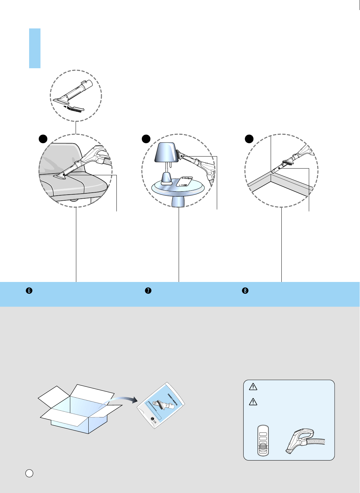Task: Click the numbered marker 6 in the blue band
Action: tap(29, 291)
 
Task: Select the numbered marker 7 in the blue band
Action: tap(148, 291)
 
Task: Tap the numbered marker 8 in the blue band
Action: tap(245, 291)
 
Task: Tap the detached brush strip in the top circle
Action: tap(76, 108)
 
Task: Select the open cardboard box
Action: tap(80, 410)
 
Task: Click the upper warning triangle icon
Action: tap(253, 387)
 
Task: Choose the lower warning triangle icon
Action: tap(253, 402)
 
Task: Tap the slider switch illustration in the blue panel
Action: tap(263, 440)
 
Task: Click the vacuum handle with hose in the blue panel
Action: tap(303, 441)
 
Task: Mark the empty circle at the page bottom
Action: tap(29, 473)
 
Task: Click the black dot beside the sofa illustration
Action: tap(43, 138)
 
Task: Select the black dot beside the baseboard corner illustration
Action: tap(249, 138)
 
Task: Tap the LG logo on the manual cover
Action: tap(153, 420)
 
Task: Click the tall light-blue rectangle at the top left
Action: tap(35, 48)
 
